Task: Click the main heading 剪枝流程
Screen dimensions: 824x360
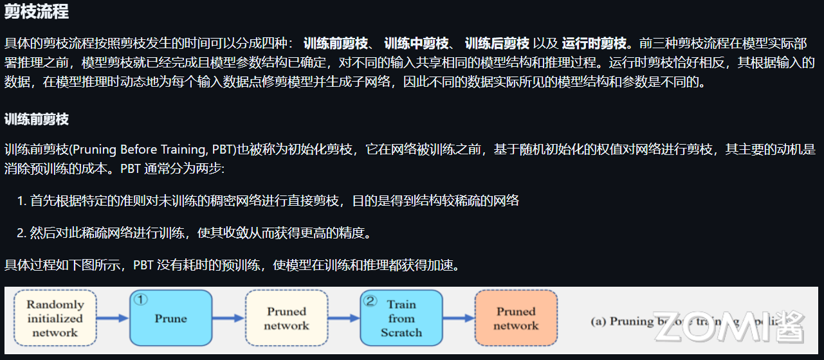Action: click(x=37, y=12)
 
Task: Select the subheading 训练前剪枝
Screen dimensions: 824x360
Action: click(x=37, y=120)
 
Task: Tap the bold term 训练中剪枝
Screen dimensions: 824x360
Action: click(x=416, y=44)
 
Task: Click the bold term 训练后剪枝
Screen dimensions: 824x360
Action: click(x=497, y=44)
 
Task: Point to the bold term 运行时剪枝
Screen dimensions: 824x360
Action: click(x=594, y=44)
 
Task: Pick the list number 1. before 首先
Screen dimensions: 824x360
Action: click(x=22, y=201)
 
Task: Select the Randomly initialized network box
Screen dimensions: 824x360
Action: click(x=55, y=319)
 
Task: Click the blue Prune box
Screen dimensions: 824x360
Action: click(x=171, y=319)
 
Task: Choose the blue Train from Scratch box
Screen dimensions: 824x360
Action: click(x=401, y=319)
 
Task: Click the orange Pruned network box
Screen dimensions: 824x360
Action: click(x=516, y=319)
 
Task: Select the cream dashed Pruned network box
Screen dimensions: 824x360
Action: click(x=286, y=319)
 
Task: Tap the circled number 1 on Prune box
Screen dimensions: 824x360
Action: click(x=141, y=299)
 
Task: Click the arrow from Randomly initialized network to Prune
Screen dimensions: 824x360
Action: click(x=113, y=318)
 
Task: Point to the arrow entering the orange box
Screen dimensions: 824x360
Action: click(x=459, y=318)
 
